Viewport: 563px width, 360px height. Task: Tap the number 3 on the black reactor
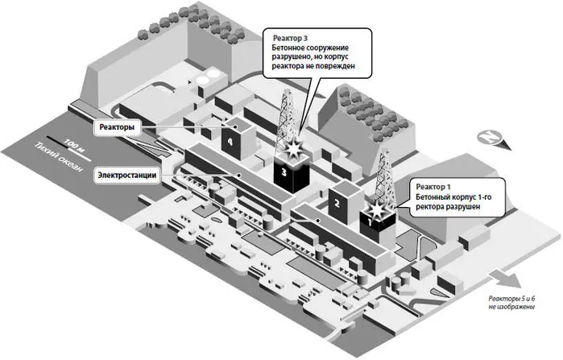click(x=284, y=172)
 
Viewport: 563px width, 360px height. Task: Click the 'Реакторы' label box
click(x=118, y=127)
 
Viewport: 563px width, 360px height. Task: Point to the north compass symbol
click(x=489, y=138)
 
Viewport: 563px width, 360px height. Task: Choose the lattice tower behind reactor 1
click(x=384, y=173)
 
